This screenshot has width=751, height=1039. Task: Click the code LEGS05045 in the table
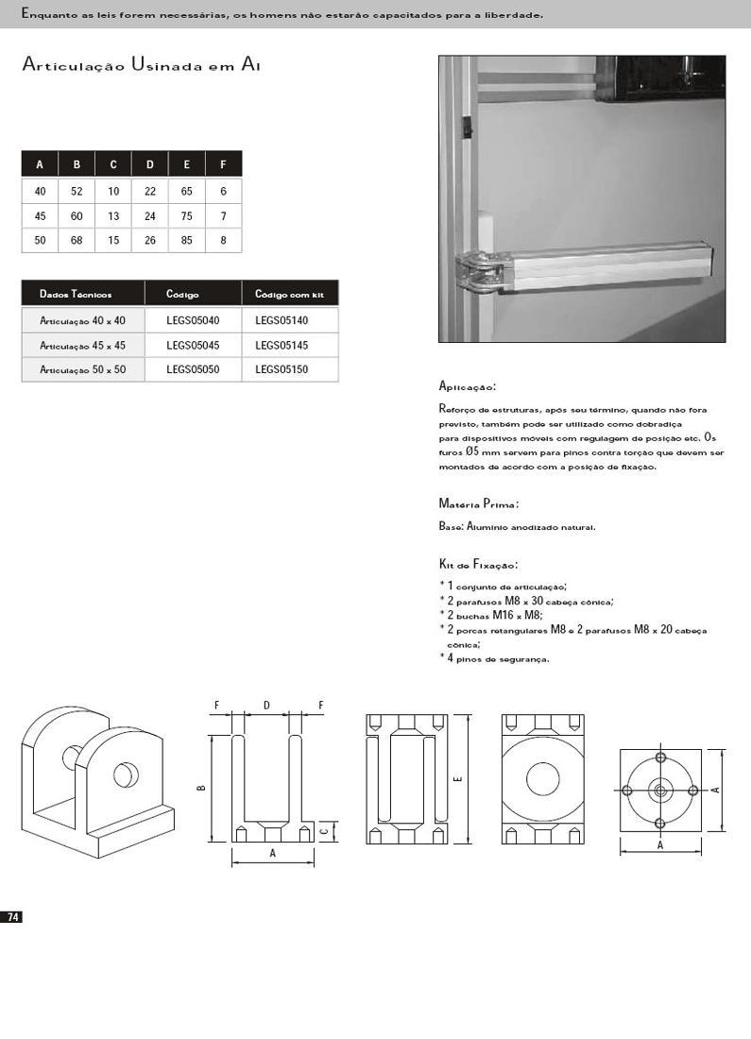pos(193,346)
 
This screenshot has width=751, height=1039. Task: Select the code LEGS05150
pos(282,370)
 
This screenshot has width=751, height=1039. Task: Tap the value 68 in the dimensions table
pos(77,241)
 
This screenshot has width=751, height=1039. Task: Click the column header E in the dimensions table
pos(186,164)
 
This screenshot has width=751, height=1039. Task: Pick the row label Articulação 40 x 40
pos(83,321)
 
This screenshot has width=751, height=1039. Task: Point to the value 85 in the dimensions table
pos(186,241)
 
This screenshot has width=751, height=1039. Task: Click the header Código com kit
pos(289,295)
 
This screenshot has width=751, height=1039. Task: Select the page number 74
pos(13,917)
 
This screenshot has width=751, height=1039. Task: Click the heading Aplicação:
pos(468,386)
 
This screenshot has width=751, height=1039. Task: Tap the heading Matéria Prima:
pos(479,503)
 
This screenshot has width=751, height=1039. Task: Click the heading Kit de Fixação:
pos(478,564)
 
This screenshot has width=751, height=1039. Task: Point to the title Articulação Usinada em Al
pos(141,65)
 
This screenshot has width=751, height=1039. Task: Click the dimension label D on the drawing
pos(266,706)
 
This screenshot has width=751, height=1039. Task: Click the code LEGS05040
pos(193,321)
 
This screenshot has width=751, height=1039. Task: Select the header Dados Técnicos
pos(76,295)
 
